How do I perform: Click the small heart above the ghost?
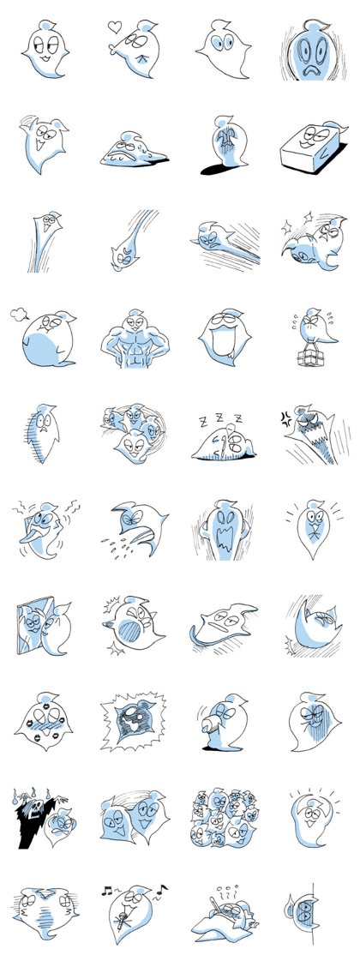tap(114, 27)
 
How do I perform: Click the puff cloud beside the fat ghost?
tap(19, 315)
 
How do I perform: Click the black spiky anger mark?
tap(286, 419)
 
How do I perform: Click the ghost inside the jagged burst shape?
tap(132, 721)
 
